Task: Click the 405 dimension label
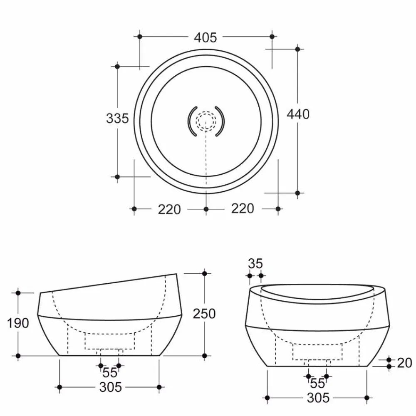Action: tap(206, 37)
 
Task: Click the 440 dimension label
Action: tap(298, 114)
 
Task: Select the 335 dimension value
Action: tap(117, 119)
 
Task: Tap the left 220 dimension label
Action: tap(169, 209)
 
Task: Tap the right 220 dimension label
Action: tap(242, 208)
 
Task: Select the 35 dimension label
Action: tap(255, 263)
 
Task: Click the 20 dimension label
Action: tap(404, 363)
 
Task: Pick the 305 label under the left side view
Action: tap(111, 387)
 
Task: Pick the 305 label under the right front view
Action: tap(318, 398)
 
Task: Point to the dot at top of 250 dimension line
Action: tap(204, 273)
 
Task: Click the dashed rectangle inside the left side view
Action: tap(110, 341)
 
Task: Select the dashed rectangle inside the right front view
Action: tap(318, 352)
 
